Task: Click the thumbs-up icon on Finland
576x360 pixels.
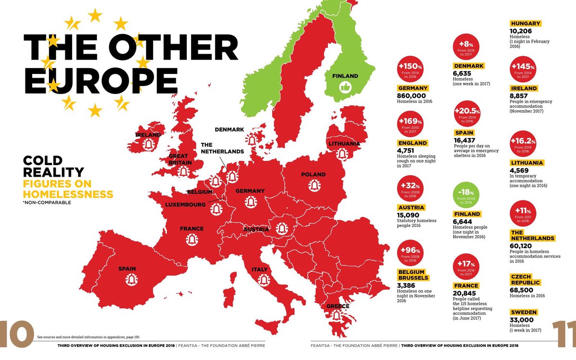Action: pos(345,87)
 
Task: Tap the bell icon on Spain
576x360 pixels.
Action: pos(132,279)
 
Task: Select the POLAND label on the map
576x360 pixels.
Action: pos(314,174)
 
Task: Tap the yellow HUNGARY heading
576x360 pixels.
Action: pos(526,24)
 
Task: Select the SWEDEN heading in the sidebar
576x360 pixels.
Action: pos(524,312)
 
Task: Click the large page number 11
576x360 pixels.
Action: pos(564,334)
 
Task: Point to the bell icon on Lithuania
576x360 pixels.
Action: pos(342,154)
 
